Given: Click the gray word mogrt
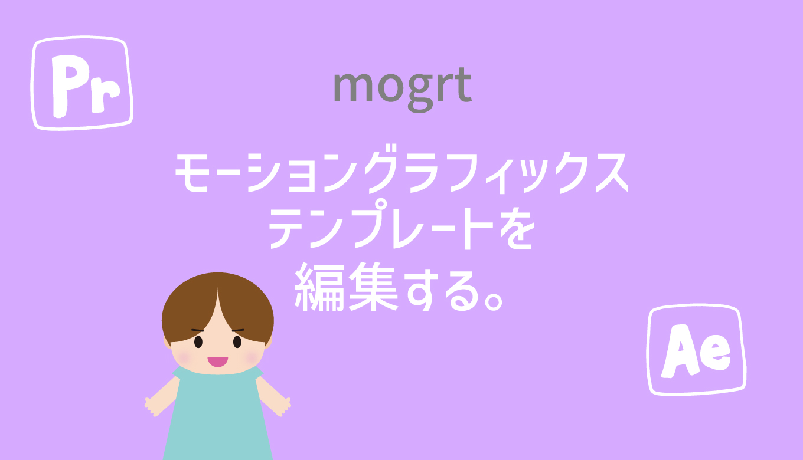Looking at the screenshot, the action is click(x=402, y=90).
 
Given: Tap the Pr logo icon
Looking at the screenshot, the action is click(x=82, y=83).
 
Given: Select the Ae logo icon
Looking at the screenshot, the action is click(x=696, y=350).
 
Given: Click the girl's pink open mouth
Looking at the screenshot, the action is click(x=218, y=362).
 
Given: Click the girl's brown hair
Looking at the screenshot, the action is click(x=218, y=304).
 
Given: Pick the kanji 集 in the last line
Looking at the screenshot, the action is click(x=374, y=287).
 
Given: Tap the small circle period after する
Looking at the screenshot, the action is click(x=493, y=301).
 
